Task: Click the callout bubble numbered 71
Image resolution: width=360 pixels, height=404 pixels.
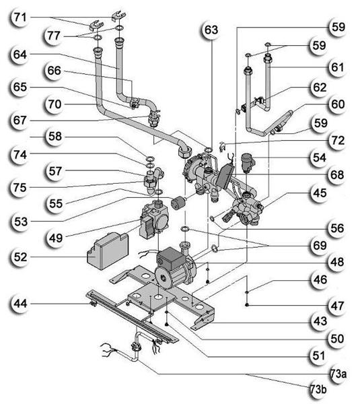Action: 20,18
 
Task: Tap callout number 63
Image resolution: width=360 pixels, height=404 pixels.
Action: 211,30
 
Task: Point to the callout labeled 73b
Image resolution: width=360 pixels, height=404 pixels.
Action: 318,389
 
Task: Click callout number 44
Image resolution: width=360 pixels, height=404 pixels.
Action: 20,304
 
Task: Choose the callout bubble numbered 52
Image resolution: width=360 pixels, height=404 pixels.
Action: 20,257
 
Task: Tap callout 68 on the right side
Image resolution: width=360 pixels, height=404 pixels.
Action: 337,174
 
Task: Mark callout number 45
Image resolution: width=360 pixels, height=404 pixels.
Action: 320,193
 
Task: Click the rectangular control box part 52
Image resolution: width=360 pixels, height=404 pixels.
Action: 108,250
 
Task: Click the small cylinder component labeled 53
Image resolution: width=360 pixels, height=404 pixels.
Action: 178,202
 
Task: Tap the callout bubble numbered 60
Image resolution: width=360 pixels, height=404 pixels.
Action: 338,104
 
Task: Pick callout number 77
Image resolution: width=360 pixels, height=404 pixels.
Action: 54,35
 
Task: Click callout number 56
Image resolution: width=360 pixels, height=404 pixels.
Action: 337,228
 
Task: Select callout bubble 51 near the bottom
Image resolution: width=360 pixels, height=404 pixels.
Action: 318,356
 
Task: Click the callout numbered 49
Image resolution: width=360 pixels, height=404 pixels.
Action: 56,238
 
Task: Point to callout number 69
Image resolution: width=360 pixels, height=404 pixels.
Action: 320,245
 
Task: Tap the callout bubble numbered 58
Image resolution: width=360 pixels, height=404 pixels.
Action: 55,136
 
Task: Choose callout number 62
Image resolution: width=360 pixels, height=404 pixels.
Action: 320,88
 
